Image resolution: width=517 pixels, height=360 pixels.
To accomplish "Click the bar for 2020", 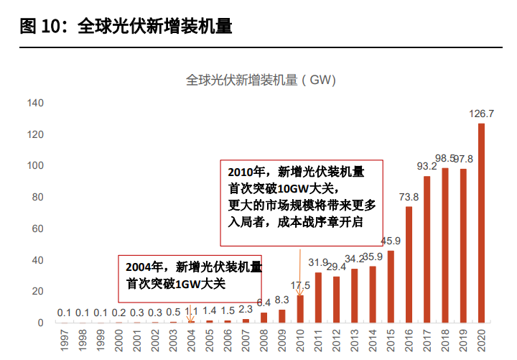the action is click(x=481, y=223).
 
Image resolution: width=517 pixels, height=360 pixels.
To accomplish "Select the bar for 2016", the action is click(x=409, y=264).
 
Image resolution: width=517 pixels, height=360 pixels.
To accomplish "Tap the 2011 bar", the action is click(x=318, y=297).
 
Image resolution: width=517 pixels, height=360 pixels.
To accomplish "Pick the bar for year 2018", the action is click(x=444, y=245).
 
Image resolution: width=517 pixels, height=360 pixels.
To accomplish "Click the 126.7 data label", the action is click(x=481, y=114).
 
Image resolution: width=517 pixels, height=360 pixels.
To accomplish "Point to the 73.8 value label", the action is click(x=409, y=197).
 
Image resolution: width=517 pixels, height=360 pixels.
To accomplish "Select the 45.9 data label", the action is click(x=391, y=241).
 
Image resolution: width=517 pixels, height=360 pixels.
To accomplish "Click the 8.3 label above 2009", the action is click(x=282, y=300).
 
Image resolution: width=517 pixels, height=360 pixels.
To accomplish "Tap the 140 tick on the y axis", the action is click(x=35, y=103).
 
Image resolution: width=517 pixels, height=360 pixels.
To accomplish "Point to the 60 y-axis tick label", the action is click(x=37, y=229).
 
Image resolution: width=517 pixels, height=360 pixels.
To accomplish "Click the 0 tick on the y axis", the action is click(x=40, y=323).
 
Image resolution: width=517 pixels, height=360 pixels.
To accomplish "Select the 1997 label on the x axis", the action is click(x=65, y=340).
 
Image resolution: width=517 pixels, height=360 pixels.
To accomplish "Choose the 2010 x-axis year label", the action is click(x=300, y=340).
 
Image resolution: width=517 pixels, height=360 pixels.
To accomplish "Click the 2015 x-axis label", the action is click(x=391, y=340).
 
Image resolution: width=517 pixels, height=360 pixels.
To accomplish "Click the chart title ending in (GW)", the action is click(x=261, y=80).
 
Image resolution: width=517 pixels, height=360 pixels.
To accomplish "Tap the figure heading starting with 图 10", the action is click(x=126, y=26).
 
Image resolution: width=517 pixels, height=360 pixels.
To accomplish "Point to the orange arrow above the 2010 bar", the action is click(x=300, y=272).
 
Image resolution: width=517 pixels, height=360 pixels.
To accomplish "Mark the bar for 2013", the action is click(x=355, y=295).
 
